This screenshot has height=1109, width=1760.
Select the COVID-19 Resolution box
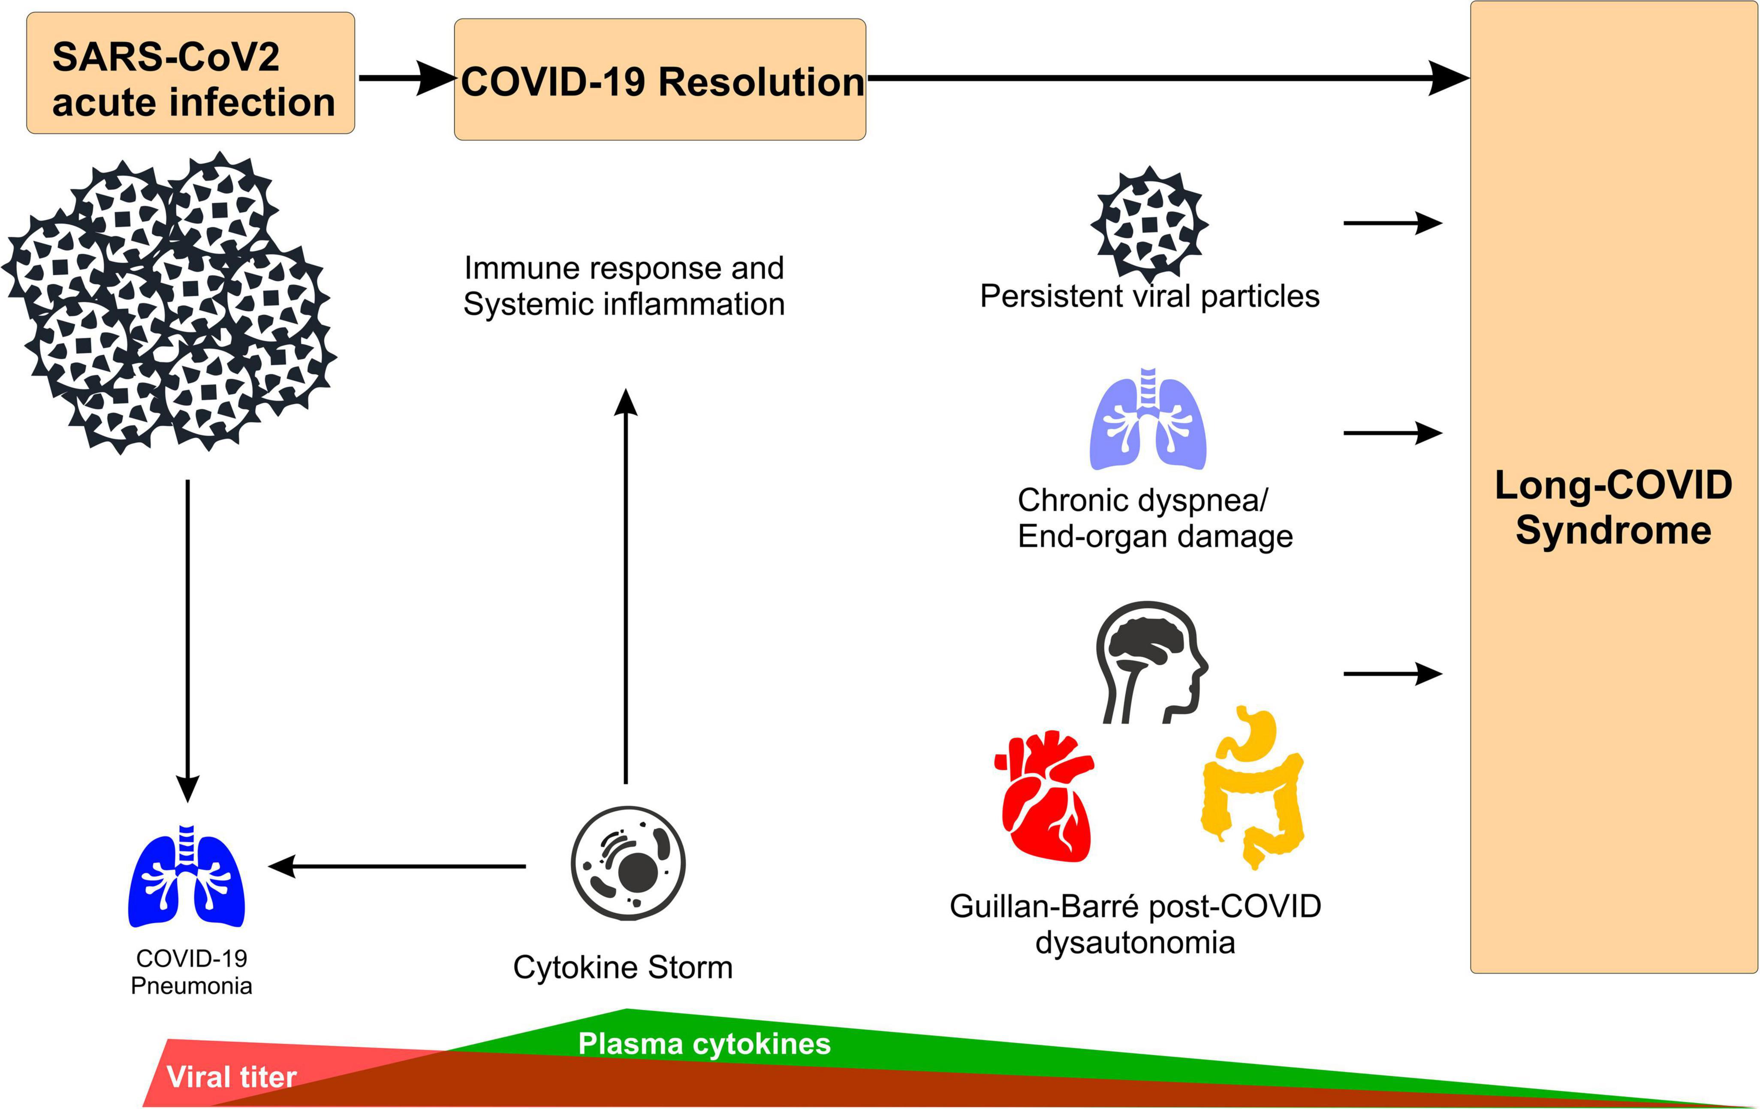pyautogui.click(x=660, y=81)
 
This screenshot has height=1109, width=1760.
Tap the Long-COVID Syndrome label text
pyautogui.click(x=1613, y=508)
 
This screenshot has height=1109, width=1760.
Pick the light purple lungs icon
pyautogui.click(x=1148, y=420)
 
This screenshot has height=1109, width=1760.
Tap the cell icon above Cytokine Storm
pyautogui.click(x=628, y=863)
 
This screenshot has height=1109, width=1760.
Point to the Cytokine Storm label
pyautogui.click(x=623, y=967)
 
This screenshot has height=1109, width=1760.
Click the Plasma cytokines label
pyautogui.click(x=704, y=1044)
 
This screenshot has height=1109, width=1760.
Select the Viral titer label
pyautogui.click(x=232, y=1077)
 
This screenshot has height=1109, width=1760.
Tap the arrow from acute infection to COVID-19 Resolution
pyautogui.click(x=406, y=78)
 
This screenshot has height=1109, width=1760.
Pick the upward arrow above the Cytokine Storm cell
pyautogui.click(x=626, y=584)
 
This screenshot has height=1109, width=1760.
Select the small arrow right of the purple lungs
pyautogui.click(x=1392, y=433)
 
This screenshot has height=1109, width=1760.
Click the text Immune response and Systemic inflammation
pyautogui.click(x=624, y=286)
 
